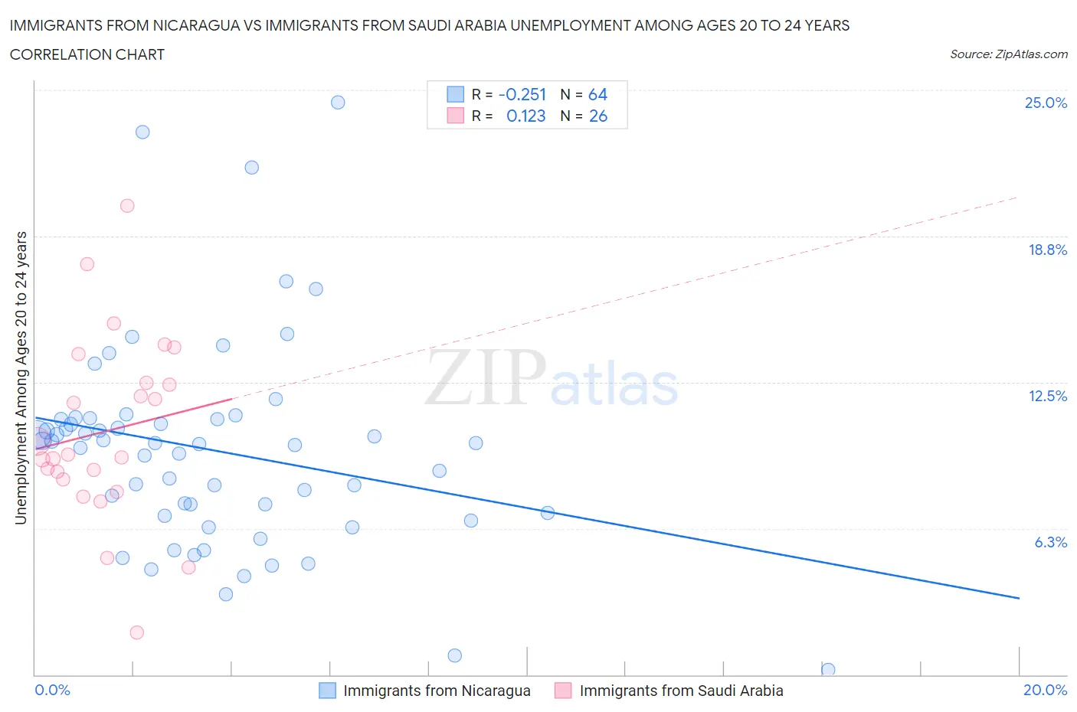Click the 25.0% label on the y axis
click(x=1046, y=103)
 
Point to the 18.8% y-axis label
click(x=1047, y=250)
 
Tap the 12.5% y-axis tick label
click(x=1047, y=396)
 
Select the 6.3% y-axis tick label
click(x=1050, y=542)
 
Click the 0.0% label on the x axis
click(x=53, y=690)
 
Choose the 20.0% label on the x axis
click(x=1045, y=690)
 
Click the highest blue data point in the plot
click(x=338, y=103)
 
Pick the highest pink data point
click(x=127, y=206)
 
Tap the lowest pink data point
click(x=137, y=632)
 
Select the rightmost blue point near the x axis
click(x=828, y=670)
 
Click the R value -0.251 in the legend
click(x=522, y=94)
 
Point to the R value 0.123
click(x=526, y=116)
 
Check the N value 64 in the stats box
click(x=597, y=94)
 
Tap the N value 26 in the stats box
click(x=597, y=116)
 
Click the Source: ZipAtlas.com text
click(x=1008, y=54)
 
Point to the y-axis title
click(x=21, y=378)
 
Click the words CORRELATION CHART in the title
click(x=87, y=54)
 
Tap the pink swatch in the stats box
click(x=456, y=116)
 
